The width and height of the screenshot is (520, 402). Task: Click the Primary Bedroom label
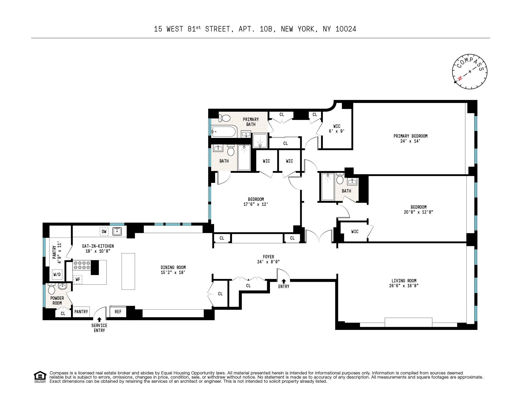(410, 136)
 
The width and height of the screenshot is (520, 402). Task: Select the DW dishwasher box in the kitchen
(104, 232)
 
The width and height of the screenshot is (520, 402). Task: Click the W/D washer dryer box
(57, 275)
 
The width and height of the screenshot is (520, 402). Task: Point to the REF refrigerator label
(118, 312)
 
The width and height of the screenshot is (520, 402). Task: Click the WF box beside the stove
(78, 279)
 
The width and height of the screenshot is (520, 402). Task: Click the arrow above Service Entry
(99, 320)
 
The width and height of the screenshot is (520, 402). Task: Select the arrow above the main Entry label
(284, 281)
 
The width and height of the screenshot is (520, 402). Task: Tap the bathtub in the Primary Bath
(224, 131)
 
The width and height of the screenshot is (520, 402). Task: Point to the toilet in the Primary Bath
(225, 118)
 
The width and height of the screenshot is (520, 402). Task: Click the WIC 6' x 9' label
(337, 129)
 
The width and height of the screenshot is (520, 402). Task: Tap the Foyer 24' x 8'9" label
(268, 259)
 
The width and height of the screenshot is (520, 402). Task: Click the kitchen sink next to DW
(117, 231)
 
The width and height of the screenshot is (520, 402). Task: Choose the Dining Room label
(173, 267)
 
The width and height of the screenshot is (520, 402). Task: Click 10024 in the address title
(346, 29)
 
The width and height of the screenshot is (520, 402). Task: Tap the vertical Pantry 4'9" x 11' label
(57, 253)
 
